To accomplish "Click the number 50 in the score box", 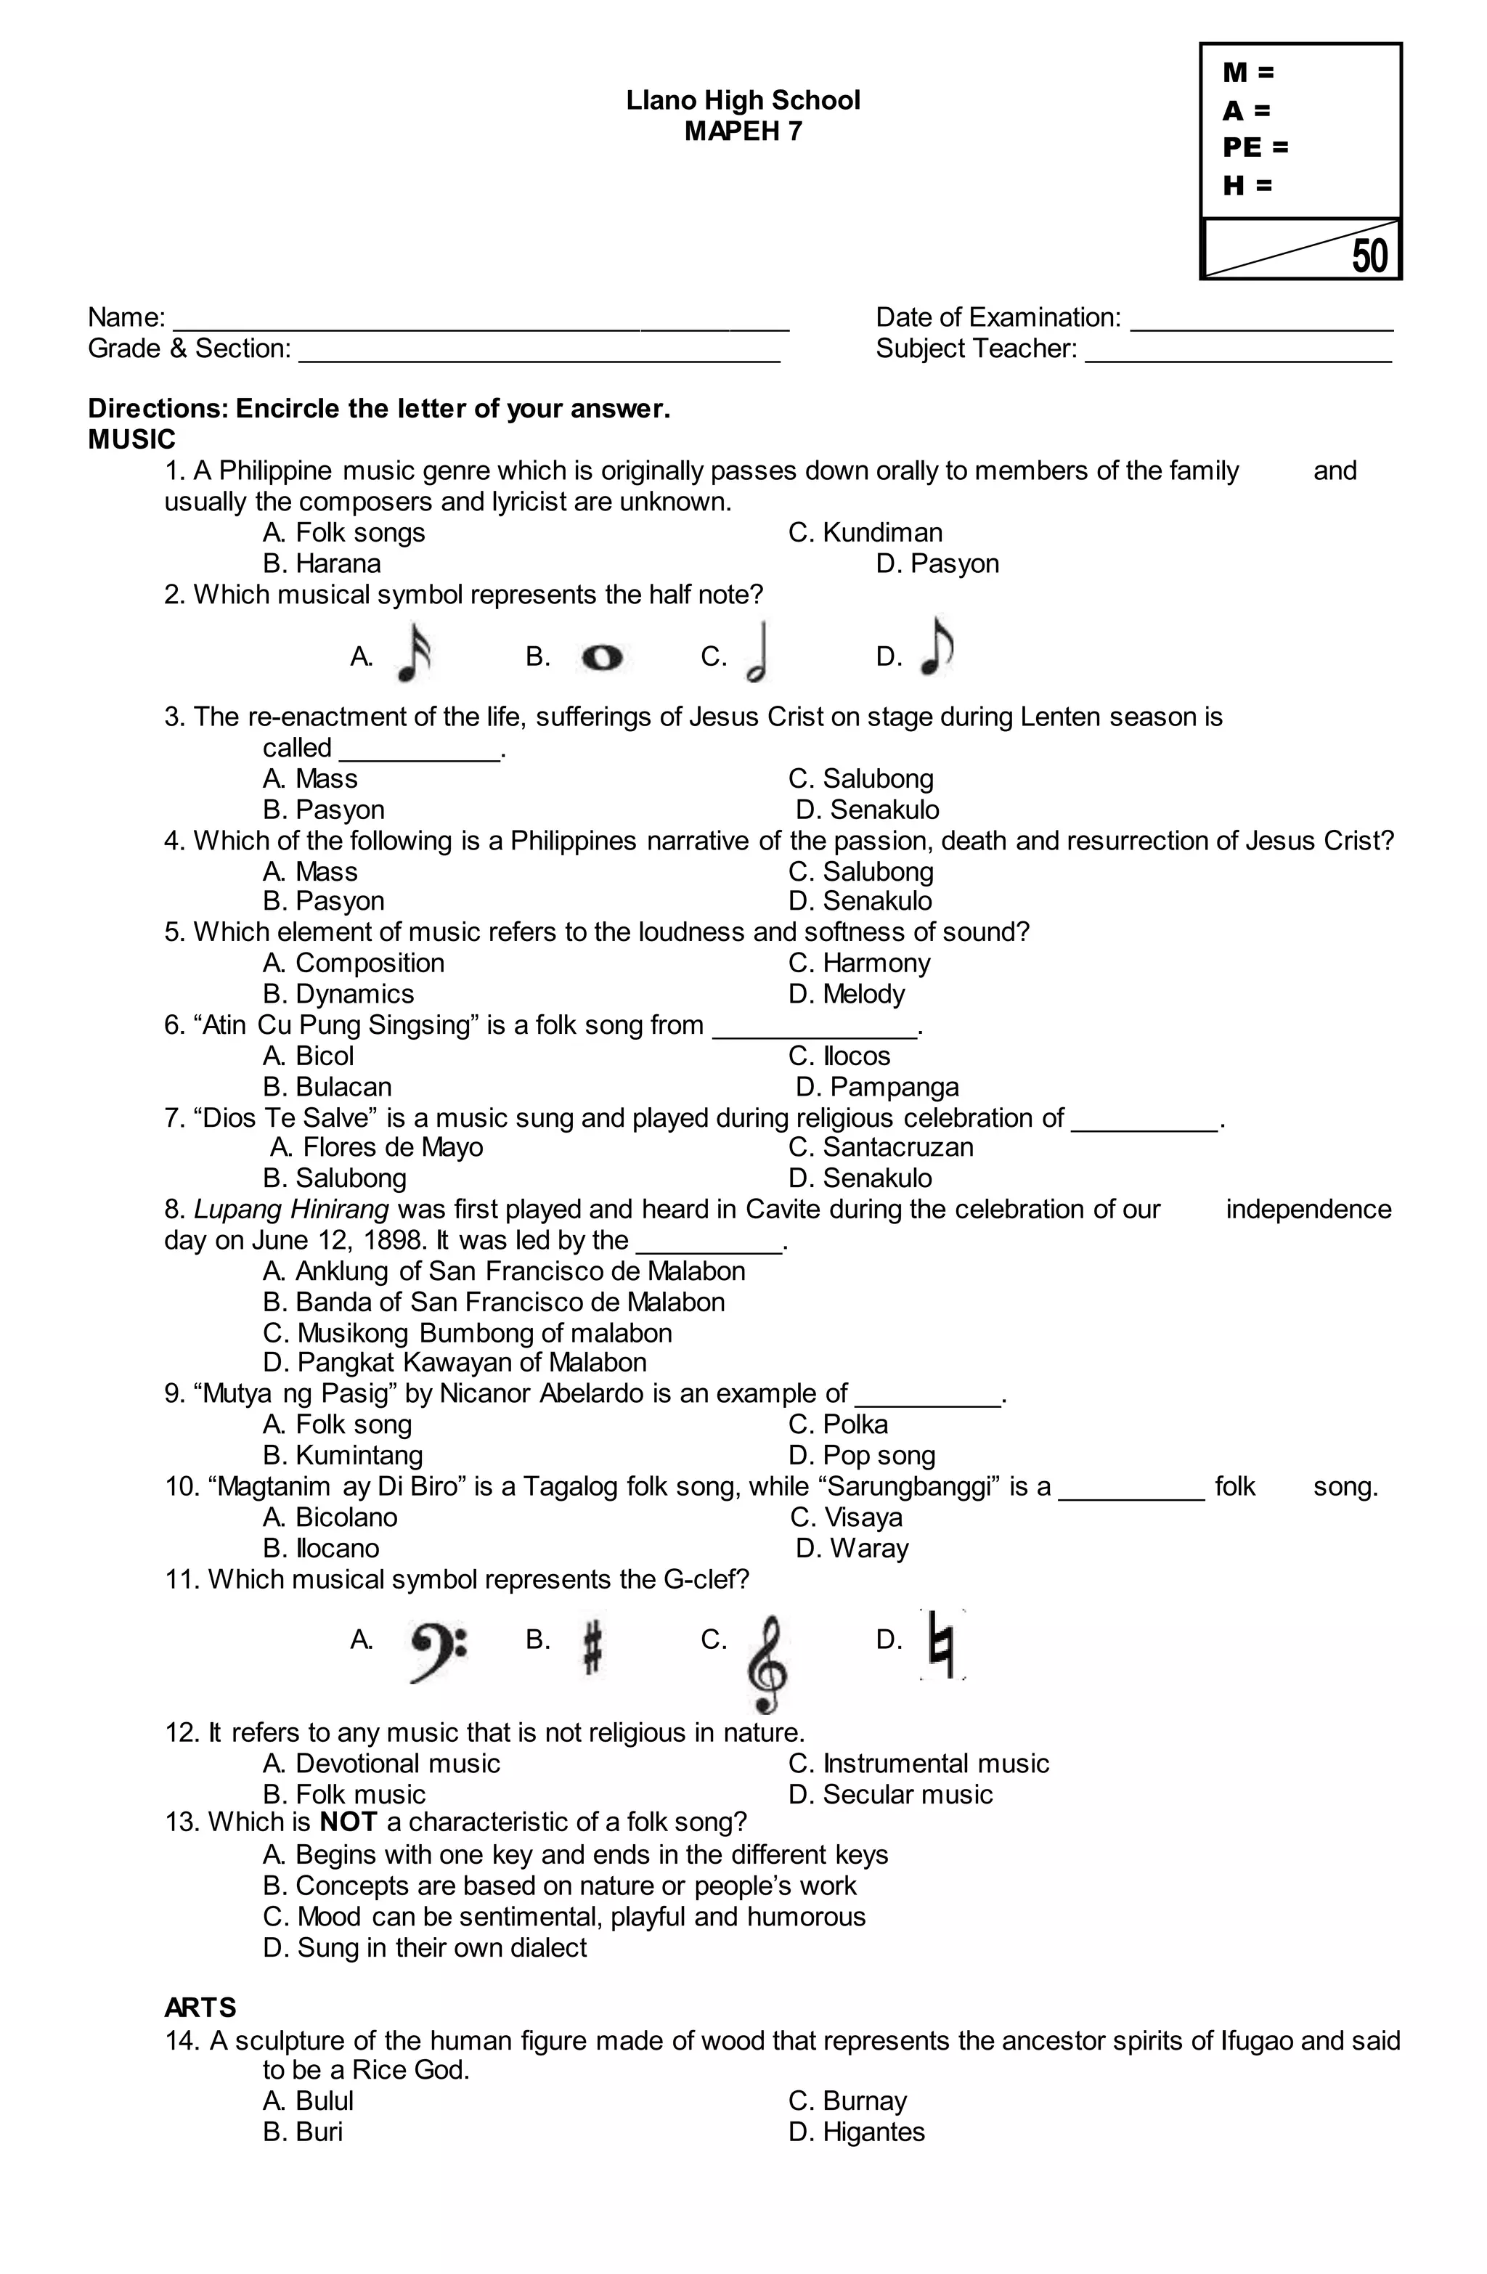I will coord(1369,256).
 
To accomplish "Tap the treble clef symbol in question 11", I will coord(768,1663).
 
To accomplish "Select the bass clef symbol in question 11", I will coord(438,1650).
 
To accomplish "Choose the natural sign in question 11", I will coord(942,1645).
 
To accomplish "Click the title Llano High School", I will coord(743,100).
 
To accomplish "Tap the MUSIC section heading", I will coord(132,439).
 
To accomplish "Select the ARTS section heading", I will coord(200,2007).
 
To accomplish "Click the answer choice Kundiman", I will coord(865,532).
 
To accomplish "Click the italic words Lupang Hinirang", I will coord(290,1209).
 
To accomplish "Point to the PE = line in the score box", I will coord(1255,147).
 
